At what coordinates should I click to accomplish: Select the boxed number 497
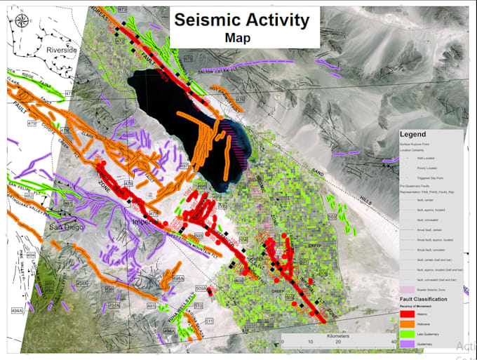[x=184, y=166]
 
